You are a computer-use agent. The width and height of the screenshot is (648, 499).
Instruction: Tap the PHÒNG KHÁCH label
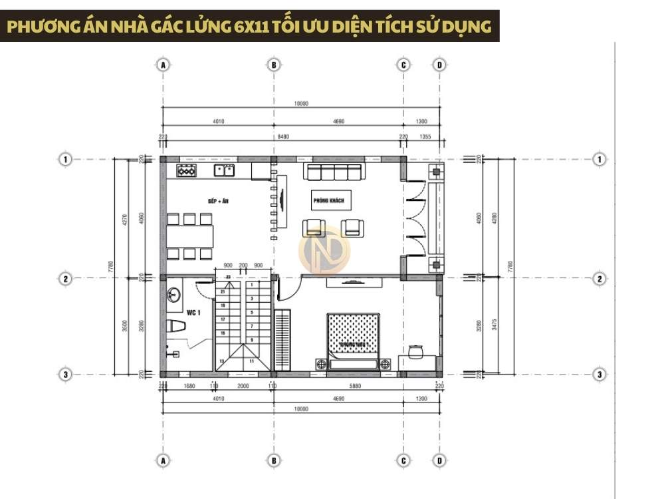(x=328, y=200)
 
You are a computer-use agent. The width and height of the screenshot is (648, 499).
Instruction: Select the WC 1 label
(x=193, y=311)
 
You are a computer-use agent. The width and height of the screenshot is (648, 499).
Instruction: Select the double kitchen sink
(x=224, y=171)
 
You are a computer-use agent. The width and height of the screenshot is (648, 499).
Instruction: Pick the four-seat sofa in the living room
(x=334, y=172)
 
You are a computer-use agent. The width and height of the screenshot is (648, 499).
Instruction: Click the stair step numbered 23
(x=228, y=277)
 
